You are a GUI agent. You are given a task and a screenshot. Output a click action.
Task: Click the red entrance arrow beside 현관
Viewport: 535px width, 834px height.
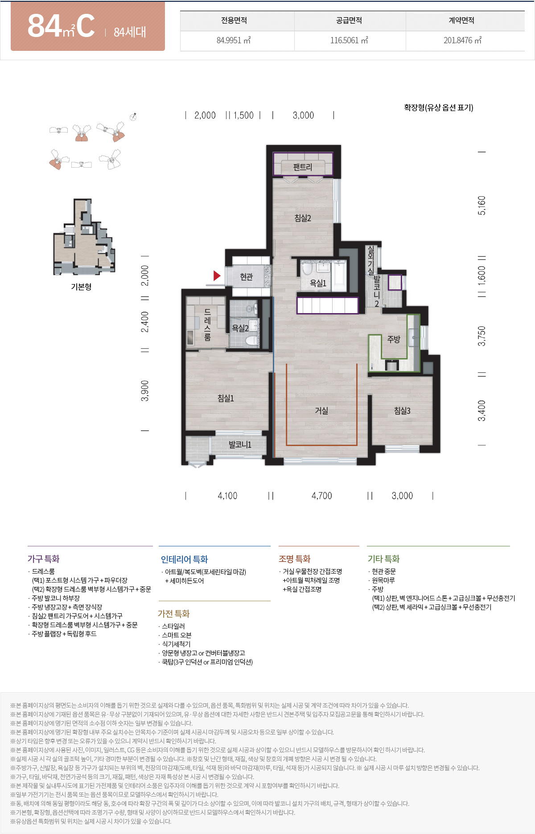coord(217,276)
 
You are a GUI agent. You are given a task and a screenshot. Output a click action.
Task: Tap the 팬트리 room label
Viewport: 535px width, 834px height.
coord(303,167)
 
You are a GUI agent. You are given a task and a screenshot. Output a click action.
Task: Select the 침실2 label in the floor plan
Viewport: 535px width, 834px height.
coord(303,218)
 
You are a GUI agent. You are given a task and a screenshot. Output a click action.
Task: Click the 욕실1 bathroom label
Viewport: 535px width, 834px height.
coord(318,283)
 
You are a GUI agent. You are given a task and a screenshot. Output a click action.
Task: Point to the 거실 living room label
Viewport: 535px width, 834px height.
coord(321,411)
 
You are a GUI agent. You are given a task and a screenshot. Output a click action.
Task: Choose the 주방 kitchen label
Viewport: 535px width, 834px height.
coord(394,339)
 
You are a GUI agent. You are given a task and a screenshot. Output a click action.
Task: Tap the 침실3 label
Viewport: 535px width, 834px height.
coord(402,411)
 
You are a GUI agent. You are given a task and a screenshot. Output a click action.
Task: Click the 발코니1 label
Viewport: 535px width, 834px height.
coord(240,445)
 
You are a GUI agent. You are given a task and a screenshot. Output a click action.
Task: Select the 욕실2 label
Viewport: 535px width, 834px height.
coord(240,328)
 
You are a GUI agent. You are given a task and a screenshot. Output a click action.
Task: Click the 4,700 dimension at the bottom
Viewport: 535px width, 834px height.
coord(321,496)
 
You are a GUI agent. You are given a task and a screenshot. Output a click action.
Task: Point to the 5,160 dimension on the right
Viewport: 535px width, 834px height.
coord(481,205)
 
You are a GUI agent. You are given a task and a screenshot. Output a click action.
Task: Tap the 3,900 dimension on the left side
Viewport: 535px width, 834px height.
coord(145,391)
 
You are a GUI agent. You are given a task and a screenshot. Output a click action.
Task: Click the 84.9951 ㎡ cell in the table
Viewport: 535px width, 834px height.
coord(234,41)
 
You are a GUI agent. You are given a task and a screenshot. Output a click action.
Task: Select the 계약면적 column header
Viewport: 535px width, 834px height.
coord(461,21)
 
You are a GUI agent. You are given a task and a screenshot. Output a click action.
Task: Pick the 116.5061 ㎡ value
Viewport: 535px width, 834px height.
coord(349,41)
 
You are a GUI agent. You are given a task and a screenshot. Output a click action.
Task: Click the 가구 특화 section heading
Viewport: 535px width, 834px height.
coord(43,559)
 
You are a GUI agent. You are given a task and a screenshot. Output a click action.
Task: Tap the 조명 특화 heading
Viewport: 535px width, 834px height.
coord(294,559)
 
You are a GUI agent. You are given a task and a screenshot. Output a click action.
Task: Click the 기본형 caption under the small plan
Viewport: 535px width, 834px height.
coord(81,287)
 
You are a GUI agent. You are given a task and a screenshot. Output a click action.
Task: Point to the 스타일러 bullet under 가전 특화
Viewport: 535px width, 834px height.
coord(173,626)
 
